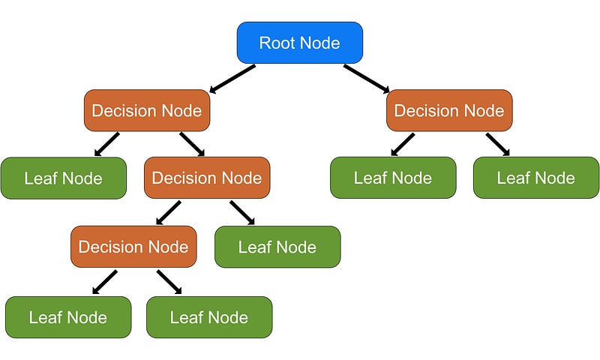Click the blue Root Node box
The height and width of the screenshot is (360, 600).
(300, 42)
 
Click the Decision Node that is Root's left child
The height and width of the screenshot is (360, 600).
(147, 111)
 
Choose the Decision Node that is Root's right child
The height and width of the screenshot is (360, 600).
(449, 111)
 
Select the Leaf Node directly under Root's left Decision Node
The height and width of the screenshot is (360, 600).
(64, 178)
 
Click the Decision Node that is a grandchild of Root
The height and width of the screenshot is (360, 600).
(207, 178)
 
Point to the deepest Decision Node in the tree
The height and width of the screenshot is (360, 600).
(133, 247)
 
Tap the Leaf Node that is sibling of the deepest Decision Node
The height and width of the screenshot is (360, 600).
(277, 247)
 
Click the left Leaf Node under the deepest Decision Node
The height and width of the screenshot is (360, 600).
(68, 317)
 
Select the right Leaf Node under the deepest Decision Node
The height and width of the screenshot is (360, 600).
(209, 317)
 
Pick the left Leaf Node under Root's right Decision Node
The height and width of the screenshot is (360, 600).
(393, 178)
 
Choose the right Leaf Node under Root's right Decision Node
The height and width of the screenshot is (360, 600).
(536, 178)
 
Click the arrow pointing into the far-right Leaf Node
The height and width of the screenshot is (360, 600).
(498, 145)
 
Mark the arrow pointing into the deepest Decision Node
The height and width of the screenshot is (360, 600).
(169, 213)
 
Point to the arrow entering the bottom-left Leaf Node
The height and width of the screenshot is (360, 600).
(104, 282)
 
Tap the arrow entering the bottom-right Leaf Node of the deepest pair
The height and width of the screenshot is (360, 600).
(169, 282)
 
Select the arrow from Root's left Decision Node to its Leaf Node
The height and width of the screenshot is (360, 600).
(107, 144)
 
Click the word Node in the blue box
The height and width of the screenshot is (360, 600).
(320, 43)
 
